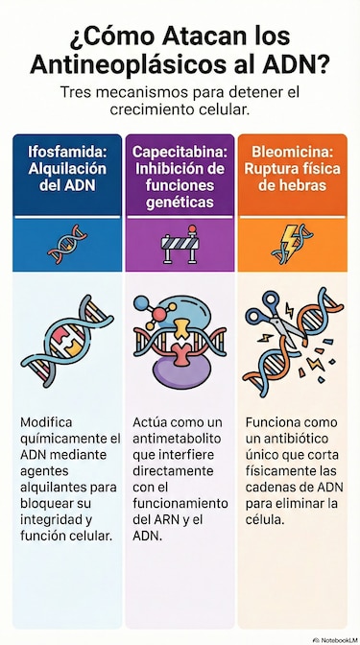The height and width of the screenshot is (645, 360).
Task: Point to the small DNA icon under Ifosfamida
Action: pyautogui.click(x=65, y=245)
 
